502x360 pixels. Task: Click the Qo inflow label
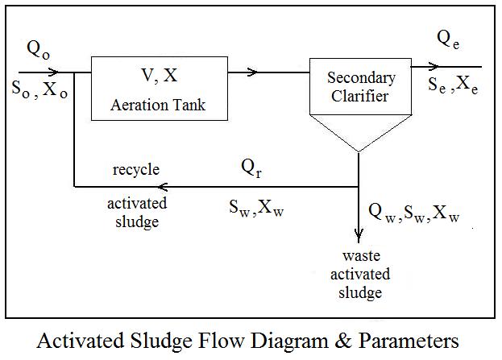[x=39, y=50]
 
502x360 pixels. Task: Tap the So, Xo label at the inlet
[x=39, y=89]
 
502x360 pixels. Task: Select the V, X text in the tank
[x=160, y=76]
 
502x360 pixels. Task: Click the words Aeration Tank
[x=158, y=105]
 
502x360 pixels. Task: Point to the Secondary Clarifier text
[x=361, y=87]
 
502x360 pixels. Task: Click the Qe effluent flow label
[x=448, y=39]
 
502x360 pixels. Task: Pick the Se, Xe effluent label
[x=453, y=85]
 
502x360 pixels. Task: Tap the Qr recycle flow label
[x=251, y=168]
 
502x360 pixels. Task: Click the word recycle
[x=136, y=170]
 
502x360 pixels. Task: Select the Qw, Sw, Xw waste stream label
[x=414, y=212]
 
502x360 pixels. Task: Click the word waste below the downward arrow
[x=362, y=255]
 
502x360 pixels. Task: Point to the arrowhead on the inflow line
[x=53, y=72]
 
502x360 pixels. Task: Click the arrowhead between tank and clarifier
[x=252, y=72]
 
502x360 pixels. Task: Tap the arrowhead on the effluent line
[x=434, y=67]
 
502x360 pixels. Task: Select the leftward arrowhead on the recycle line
[x=163, y=187]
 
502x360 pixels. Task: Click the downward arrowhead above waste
[x=359, y=235]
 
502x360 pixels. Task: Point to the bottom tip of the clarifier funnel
[x=359, y=151]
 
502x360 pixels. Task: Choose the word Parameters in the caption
[x=409, y=341]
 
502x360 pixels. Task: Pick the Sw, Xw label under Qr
[x=256, y=208]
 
